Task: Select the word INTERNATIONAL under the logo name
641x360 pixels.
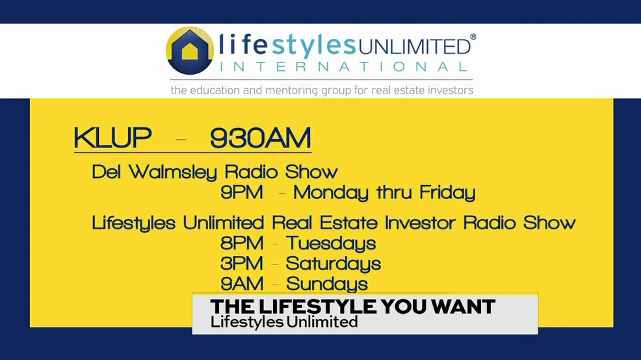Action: (343, 66)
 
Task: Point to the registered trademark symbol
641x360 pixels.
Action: (473, 37)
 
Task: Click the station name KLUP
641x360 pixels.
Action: (112, 138)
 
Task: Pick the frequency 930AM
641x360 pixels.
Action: (260, 138)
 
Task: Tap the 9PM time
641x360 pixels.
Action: (242, 193)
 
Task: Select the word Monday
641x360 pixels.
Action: (332, 193)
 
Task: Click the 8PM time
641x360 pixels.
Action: (242, 244)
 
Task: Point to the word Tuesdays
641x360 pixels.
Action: (332, 244)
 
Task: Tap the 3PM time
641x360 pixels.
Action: (242, 264)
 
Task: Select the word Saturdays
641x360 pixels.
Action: (334, 264)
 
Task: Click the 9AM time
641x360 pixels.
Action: (242, 284)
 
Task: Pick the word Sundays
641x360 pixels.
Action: (327, 284)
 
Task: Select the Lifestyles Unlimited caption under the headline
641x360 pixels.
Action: (284, 322)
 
